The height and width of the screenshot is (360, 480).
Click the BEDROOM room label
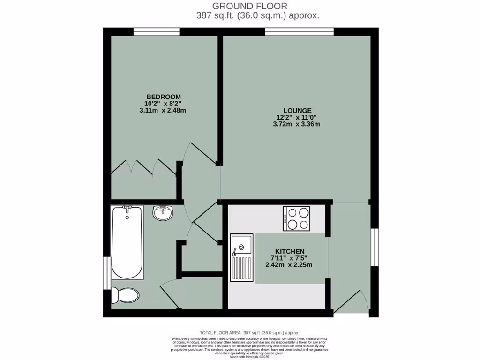click(163, 97)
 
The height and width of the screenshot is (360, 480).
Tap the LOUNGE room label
click(294, 111)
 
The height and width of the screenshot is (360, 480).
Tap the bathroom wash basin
click(163, 213)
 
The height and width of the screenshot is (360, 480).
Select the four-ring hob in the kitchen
click(296, 219)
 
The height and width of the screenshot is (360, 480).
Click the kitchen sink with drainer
click(241, 257)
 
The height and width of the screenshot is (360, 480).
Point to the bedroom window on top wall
click(156, 32)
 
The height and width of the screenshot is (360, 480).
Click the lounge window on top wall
click(300, 32)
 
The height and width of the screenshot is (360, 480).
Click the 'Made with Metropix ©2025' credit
click(249, 357)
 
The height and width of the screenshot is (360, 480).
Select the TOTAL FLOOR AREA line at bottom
click(249, 332)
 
